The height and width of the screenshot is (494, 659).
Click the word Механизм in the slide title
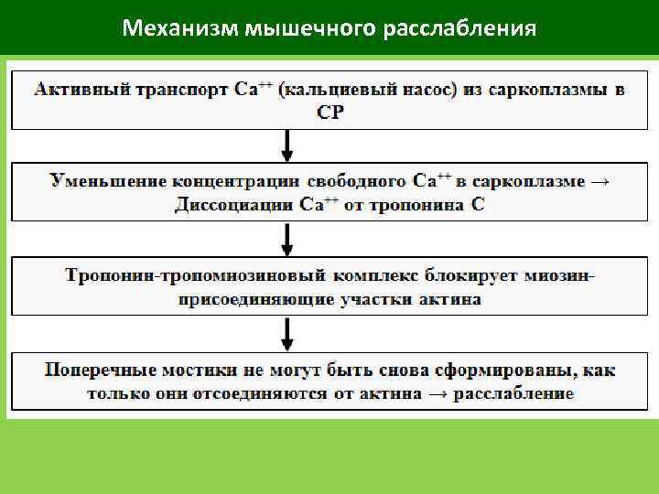click(179, 29)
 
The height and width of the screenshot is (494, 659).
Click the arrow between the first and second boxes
click(287, 144)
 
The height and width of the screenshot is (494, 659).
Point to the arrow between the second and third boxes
click(287, 240)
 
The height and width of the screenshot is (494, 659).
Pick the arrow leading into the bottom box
click(287, 333)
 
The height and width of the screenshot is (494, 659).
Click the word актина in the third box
click(450, 298)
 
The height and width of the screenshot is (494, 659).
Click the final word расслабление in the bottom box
click(522, 393)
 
